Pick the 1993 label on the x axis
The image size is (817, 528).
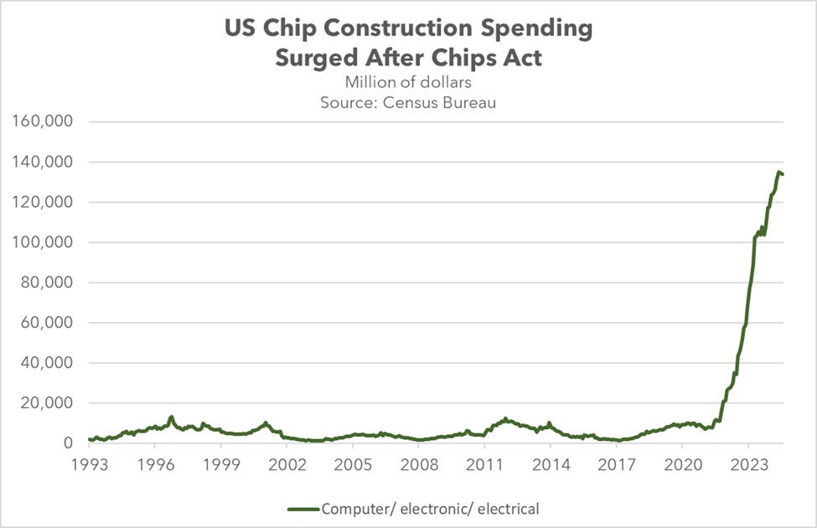(89, 464)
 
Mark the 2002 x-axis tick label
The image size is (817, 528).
(287, 464)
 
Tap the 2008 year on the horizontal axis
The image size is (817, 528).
(418, 464)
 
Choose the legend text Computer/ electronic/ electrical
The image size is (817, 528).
(431, 508)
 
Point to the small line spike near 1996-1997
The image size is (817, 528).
(171, 417)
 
